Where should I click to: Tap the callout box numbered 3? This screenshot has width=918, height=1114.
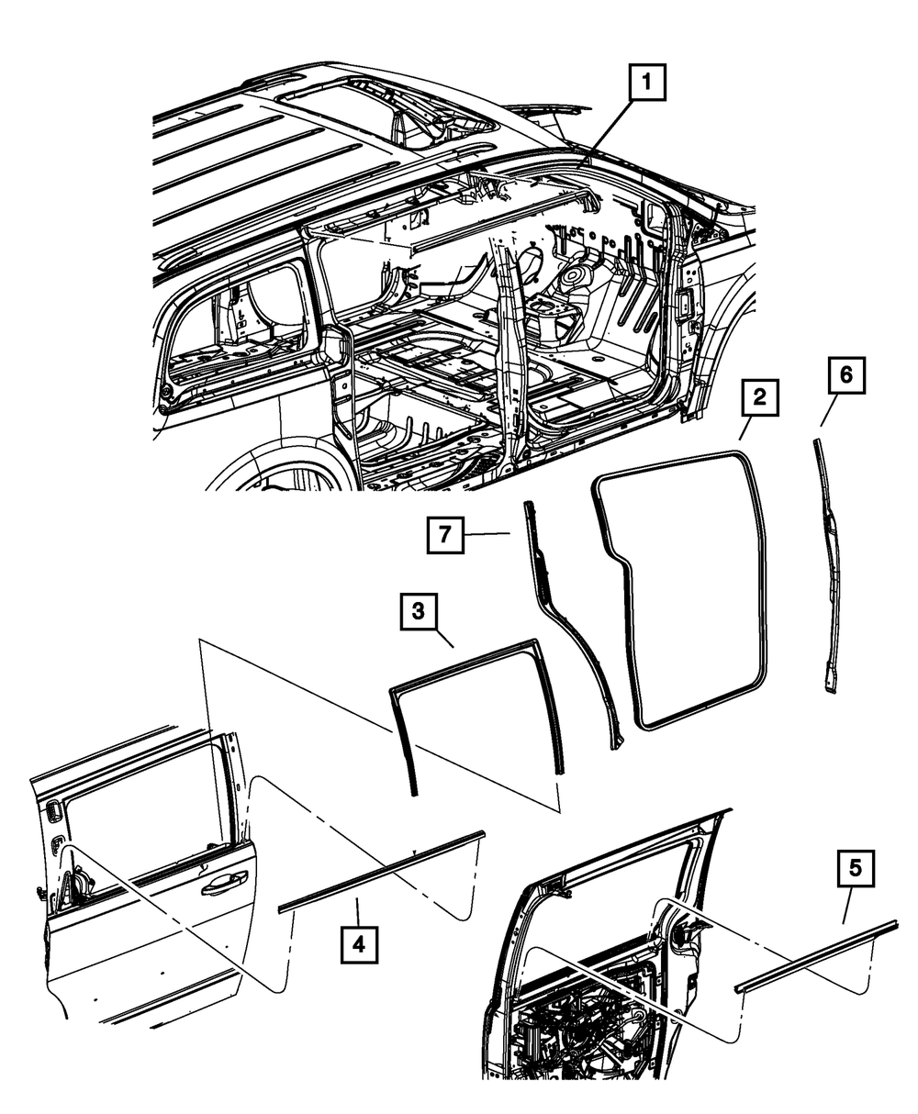click(418, 612)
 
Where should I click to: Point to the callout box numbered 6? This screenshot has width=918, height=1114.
click(845, 375)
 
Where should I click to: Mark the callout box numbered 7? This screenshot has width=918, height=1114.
click(445, 534)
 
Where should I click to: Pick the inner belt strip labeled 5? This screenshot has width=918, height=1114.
click(817, 956)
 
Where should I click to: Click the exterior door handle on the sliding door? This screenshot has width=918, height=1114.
click(223, 886)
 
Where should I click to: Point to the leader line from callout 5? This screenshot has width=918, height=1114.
click(848, 905)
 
